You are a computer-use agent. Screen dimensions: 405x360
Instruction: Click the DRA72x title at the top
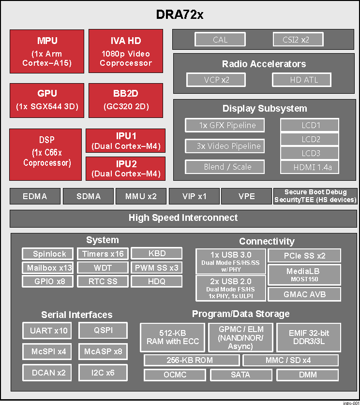180,14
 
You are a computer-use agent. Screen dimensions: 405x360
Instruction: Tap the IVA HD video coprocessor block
125,51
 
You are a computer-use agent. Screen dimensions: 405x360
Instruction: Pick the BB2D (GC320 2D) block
125,100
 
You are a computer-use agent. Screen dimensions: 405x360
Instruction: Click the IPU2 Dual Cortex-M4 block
125,169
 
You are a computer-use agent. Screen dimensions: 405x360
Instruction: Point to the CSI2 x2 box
296,40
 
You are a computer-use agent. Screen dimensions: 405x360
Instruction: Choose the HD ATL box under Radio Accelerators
301,80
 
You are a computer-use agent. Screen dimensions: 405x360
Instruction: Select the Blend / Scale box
225,167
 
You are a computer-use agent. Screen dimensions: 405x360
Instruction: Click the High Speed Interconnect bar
183,218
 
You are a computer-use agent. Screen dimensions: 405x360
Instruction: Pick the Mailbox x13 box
47,268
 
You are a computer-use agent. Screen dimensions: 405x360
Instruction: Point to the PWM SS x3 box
156,268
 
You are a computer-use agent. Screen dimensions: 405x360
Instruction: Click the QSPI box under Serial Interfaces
103,331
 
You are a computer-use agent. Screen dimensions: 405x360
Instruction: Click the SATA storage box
240,375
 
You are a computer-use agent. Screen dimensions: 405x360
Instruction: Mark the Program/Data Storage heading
240,314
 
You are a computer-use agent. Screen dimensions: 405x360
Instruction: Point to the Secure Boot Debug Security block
315,196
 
